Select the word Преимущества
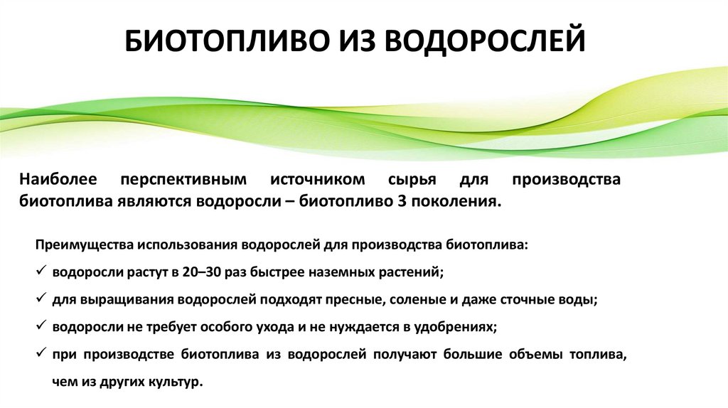coord(84,245)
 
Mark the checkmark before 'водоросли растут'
coord(40,272)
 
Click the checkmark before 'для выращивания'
coord(40,299)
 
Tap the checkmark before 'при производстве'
coord(40,353)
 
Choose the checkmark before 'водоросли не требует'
coord(40,326)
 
